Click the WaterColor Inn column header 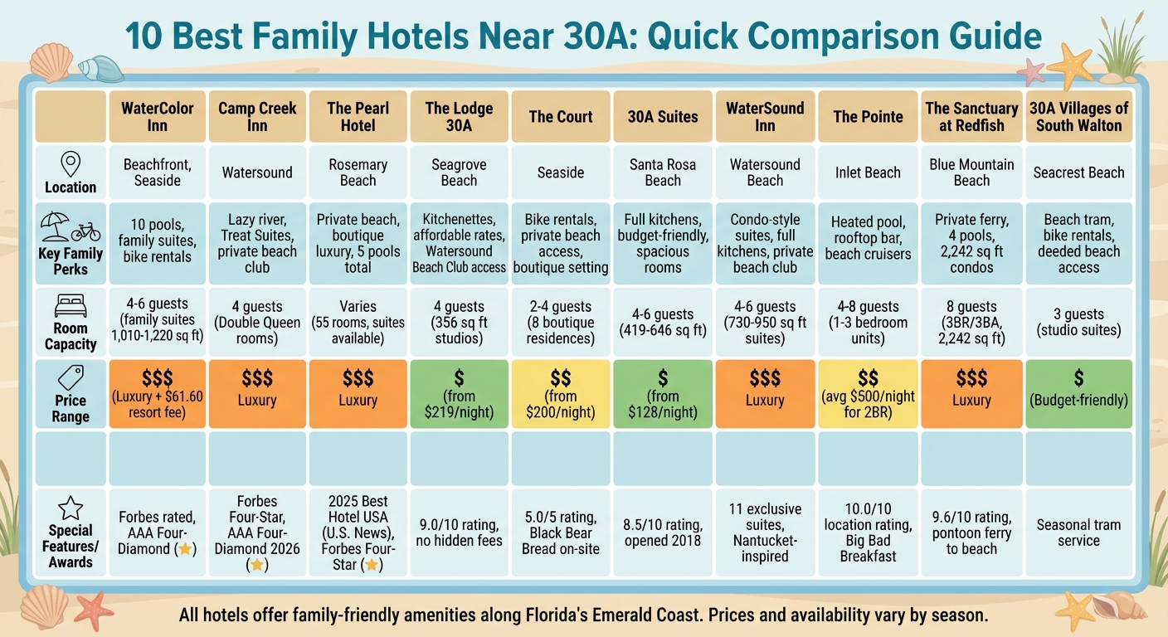click(x=157, y=117)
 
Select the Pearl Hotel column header click(x=358, y=117)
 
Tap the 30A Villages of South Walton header click(x=1078, y=117)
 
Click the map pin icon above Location click(x=71, y=163)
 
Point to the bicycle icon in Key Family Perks click(x=85, y=231)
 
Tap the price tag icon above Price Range click(x=71, y=375)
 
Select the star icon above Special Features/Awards click(x=71, y=507)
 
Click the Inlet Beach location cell click(x=867, y=173)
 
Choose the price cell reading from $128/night click(x=663, y=394)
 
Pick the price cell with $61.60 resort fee click(x=157, y=394)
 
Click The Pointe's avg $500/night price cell click(x=867, y=394)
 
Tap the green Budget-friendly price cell click(x=1078, y=394)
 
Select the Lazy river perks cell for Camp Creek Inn click(x=257, y=243)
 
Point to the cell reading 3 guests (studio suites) click(x=1078, y=322)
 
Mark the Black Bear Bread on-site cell click(x=561, y=532)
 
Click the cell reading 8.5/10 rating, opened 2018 click(x=663, y=532)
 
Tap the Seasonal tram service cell click(x=1078, y=532)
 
